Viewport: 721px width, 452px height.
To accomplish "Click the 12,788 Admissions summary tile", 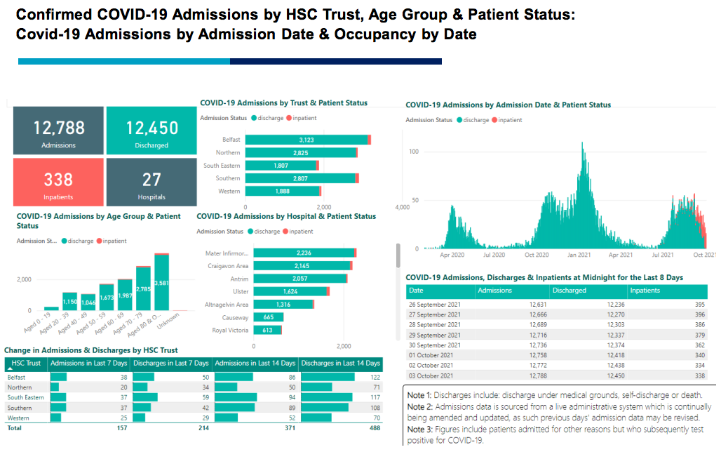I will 59,131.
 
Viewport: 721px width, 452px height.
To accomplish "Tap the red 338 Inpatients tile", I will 59,182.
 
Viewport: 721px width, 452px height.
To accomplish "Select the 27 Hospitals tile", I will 151,182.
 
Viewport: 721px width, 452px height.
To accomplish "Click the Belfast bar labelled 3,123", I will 306,140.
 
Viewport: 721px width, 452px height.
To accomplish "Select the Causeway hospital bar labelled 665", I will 268,317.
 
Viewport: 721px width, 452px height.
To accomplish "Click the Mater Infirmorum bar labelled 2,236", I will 304,253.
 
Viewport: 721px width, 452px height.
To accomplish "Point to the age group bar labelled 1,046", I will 88,302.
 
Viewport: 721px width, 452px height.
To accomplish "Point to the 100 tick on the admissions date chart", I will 414,152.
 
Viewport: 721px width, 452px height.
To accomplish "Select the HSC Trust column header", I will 27,364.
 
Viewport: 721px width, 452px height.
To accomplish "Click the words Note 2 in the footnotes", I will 421,406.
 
